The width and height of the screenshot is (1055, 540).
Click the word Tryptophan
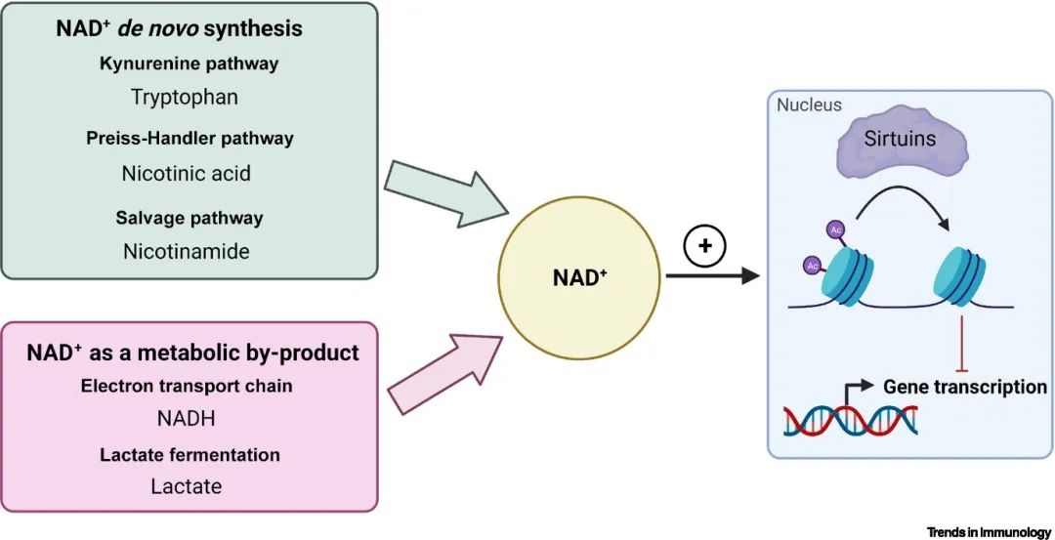pyautogui.click(x=186, y=97)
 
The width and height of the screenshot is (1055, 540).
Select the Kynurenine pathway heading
pyautogui.click(x=189, y=64)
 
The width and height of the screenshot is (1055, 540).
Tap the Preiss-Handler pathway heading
pyautogui.click(x=189, y=139)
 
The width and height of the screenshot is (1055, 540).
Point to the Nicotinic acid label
pyautogui.click(x=186, y=173)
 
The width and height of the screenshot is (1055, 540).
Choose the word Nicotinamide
pyautogui.click(x=186, y=251)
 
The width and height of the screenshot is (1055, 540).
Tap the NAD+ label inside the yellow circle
pyautogui.click(x=579, y=277)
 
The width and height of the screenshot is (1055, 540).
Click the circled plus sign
pyautogui.click(x=704, y=247)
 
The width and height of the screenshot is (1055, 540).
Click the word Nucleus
pyautogui.click(x=809, y=104)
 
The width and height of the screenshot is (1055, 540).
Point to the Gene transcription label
pyautogui.click(x=964, y=387)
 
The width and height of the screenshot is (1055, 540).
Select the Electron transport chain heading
pyautogui.click(x=187, y=386)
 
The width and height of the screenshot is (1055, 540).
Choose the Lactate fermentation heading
pyautogui.click(x=190, y=455)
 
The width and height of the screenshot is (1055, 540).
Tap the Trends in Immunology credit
pyautogui.click(x=989, y=532)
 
